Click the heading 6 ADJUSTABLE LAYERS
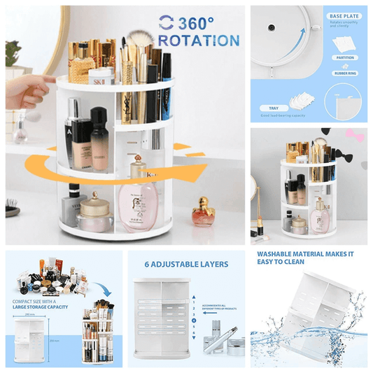point(185,264)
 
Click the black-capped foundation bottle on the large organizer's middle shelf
point(99,133)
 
